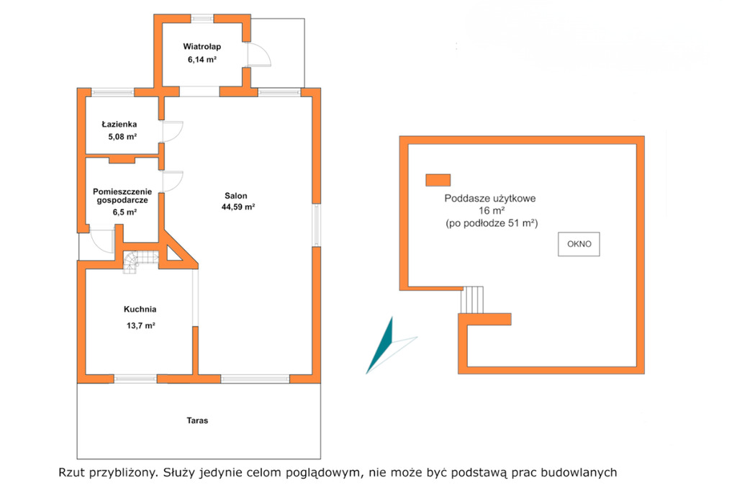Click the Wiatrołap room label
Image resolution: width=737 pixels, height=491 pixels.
click(x=202, y=47)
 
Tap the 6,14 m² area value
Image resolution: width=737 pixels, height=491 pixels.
click(x=202, y=59)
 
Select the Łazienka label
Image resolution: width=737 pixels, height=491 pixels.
click(x=119, y=124)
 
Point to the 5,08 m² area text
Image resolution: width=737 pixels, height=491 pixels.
click(x=122, y=137)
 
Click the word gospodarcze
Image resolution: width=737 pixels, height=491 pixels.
click(x=122, y=200)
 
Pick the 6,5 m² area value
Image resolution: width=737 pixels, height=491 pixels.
click(x=125, y=212)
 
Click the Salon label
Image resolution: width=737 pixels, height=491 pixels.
click(x=236, y=196)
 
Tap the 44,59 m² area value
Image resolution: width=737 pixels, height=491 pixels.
click(x=238, y=207)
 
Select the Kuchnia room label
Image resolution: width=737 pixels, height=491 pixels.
click(x=140, y=309)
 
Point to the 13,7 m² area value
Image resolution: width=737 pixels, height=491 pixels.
click(x=140, y=325)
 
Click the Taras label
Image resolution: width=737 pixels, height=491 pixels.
click(x=197, y=420)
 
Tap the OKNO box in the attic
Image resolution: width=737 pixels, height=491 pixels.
click(x=579, y=244)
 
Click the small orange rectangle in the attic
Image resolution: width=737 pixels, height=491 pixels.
click(x=438, y=180)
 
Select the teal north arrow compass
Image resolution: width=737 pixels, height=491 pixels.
click(x=386, y=346)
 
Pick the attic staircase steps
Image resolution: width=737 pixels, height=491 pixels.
click(x=471, y=299)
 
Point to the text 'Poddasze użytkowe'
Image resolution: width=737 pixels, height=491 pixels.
click(x=489, y=199)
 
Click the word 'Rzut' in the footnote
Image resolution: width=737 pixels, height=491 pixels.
click(x=70, y=472)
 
